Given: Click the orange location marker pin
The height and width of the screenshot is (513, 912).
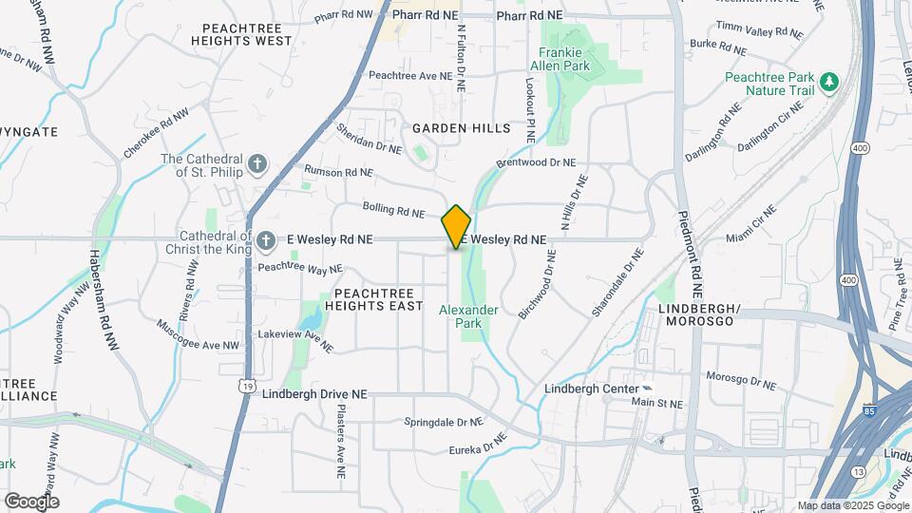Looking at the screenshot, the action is coord(456,227).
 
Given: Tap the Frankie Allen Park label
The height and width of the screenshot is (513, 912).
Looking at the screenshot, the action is coord(564,59).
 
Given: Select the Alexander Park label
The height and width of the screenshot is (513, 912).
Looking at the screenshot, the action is coord(467,316).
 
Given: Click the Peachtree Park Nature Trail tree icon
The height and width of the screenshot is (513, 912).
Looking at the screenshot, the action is coord(831,83).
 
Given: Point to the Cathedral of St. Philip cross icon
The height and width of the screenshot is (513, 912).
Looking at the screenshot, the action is coord(256,165).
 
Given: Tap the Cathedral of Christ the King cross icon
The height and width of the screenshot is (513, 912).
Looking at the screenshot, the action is coord(267,241).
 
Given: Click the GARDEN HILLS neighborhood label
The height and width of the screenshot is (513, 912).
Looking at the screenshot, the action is coord(461,127).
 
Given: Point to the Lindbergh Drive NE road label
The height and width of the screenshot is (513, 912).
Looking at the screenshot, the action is coord(313,394).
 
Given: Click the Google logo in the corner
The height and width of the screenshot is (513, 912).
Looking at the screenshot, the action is coord(31,501).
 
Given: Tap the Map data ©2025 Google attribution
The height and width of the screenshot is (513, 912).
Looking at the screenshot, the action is coord(853,505).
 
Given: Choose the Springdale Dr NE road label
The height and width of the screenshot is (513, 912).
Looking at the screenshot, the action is coord(444,422).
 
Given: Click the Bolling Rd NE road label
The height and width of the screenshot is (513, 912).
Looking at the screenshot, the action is coord(392,209).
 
